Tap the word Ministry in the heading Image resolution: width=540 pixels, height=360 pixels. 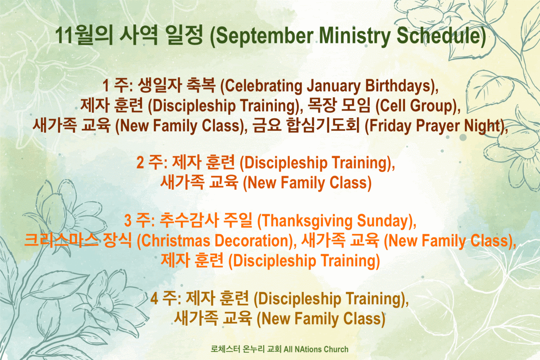tap(354, 36)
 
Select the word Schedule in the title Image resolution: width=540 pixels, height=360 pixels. tap(439, 36)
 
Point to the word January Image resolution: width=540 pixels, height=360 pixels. tap(333, 87)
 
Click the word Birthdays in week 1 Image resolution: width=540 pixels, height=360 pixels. tap(398, 86)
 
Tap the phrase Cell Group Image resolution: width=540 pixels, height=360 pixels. tap(416, 106)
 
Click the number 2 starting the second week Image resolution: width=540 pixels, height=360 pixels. tap(140, 163)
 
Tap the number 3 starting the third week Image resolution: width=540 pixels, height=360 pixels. tap(128, 221)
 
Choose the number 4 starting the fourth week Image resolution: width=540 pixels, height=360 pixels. tap(154, 299)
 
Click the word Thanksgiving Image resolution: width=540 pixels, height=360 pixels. tap(306, 221)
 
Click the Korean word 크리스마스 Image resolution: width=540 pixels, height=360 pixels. tap(61, 241)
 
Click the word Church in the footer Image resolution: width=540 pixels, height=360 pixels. tap(335, 349)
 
